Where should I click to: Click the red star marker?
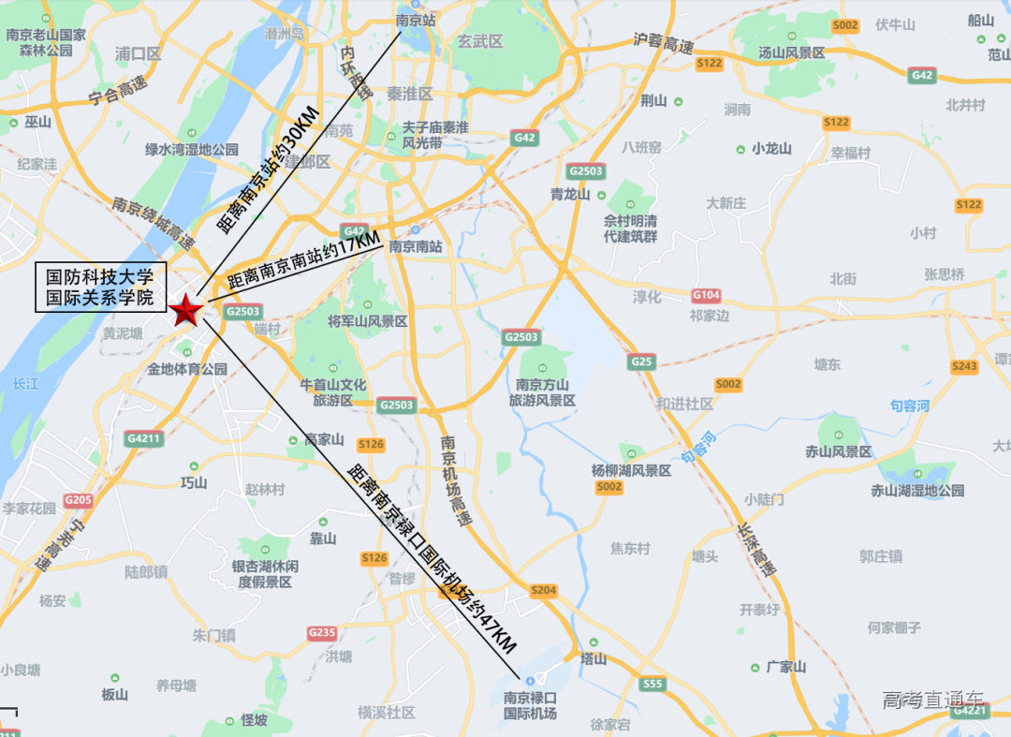pos(185,309)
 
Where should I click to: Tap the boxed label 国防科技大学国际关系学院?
pos(100,287)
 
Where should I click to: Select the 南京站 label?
pos(416,19)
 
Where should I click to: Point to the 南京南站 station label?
pos(415,247)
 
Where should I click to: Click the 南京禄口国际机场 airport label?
pos(530,705)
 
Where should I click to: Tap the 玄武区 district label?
pos(480,41)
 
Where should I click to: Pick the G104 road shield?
pos(706,295)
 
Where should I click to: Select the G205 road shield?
pos(78,500)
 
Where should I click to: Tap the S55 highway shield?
pos(652,685)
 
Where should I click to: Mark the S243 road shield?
pos(964,366)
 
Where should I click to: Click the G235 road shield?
pos(321,633)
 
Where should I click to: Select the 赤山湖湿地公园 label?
pos(917,490)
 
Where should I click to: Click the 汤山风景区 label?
pos(792,53)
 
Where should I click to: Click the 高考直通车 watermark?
pos(932,700)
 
